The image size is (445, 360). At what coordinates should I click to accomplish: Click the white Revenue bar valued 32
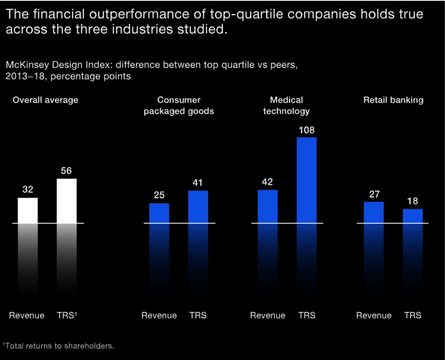click(28, 210)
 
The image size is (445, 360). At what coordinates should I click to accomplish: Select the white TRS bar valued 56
click(66, 201)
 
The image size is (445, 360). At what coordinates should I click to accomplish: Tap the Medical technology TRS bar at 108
click(307, 180)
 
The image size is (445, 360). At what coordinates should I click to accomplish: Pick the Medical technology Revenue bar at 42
click(267, 206)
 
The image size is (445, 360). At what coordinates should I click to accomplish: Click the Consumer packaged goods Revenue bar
click(159, 213)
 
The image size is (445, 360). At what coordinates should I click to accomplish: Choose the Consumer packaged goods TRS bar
click(198, 207)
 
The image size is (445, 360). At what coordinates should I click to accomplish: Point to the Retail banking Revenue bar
click(374, 212)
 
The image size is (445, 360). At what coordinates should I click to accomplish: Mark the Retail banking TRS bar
click(412, 216)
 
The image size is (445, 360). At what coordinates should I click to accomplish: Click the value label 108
click(307, 131)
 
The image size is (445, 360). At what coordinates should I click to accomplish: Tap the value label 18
click(412, 201)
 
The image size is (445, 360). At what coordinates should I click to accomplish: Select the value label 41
click(198, 183)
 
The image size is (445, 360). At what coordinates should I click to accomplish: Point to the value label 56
click(66, 171)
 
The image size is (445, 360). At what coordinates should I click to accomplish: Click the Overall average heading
click(45, 100)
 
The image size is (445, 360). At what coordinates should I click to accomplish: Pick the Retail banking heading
click(393, 100)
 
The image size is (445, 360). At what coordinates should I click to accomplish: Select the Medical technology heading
click(286, 105)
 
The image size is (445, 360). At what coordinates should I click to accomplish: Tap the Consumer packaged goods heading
click(179, 105)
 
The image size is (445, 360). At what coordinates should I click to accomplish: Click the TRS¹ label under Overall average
click(67, 316)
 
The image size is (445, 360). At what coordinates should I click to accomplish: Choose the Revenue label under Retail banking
click(374, 316)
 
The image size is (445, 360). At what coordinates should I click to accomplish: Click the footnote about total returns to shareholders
click(59, 346)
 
